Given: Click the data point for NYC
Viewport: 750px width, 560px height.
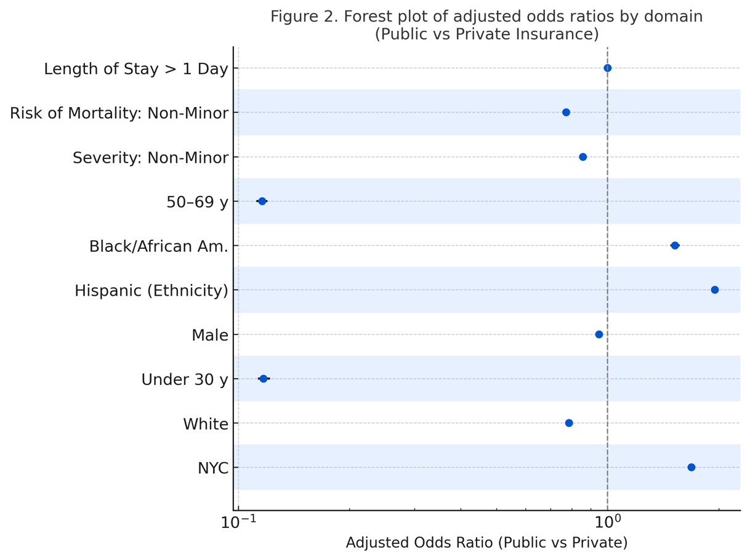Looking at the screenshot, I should pos(691,468).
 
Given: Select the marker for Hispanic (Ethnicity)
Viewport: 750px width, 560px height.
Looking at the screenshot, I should pos(714,290).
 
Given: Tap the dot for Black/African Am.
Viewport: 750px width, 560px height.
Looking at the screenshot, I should pos(674,246).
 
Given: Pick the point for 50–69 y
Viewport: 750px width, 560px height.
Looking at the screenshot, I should pos(262,201).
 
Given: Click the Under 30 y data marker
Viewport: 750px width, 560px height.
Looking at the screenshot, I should pos(263,379).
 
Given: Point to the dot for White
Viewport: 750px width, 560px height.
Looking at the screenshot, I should pos(568,423).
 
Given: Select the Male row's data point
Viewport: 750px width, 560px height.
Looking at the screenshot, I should pos(599,335).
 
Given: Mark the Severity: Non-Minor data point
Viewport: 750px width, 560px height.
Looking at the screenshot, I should pos(583,157).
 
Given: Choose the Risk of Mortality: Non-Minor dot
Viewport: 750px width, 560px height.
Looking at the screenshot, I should pos(566,113).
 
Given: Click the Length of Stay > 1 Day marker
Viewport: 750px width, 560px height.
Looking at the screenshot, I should pos(607,68).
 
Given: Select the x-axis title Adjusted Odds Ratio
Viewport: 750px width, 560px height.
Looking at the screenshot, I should pos(486,543).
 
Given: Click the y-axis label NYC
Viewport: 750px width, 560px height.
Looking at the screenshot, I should pos(212,468).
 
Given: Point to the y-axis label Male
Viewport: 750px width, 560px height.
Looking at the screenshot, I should pos(209,335).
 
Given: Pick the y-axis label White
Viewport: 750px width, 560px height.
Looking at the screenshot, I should pos(205,424).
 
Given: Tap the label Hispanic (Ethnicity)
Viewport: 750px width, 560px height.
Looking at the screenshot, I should pos(151,291).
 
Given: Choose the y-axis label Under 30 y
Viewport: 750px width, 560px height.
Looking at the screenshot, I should pos(184,379).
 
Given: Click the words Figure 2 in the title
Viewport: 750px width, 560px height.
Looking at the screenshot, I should pos(300,17).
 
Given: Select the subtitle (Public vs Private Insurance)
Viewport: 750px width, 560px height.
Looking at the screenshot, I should pos(486,34).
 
